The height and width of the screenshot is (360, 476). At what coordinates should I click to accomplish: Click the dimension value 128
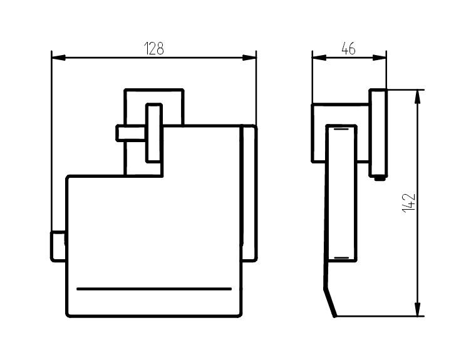pos(154,48)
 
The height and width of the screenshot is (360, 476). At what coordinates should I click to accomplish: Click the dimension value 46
pos(348,48)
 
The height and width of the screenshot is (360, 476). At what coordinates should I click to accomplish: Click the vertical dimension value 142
pos(409,202)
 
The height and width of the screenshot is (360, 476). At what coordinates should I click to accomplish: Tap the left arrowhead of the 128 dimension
pos(59,58)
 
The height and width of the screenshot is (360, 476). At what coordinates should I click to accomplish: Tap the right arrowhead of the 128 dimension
pos(249,58)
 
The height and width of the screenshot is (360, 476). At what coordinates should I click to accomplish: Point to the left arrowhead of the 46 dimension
pos(319,58)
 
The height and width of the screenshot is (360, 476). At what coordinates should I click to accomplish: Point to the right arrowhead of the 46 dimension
pos(380,58)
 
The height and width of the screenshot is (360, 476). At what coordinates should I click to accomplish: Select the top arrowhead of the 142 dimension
pos(418,97)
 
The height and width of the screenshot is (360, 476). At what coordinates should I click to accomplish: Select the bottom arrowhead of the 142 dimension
pos(418,309)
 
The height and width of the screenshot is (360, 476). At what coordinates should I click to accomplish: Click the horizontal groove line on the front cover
pos(154,289)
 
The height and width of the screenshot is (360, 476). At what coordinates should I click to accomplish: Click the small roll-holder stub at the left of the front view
pos(58,246)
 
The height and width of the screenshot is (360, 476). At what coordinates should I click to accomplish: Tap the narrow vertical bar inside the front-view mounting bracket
pos(154,133)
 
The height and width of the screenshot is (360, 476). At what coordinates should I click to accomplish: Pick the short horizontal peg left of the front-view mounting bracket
pos(131,133)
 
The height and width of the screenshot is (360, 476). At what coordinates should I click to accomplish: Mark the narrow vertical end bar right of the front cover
pos(250,193)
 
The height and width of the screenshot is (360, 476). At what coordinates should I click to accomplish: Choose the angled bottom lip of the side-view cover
pos(330,302)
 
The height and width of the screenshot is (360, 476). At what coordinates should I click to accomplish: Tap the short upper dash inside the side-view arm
pos(341,129)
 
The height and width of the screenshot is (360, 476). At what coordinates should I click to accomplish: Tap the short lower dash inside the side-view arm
pos(341,258)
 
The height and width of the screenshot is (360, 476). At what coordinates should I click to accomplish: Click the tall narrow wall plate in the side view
pos(378,133)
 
